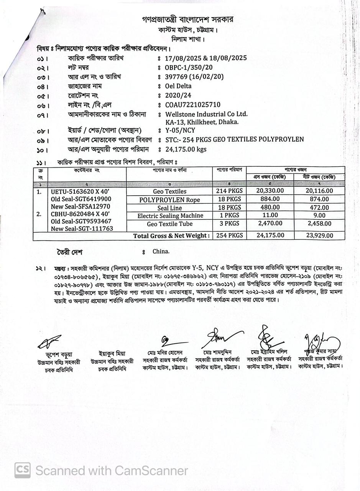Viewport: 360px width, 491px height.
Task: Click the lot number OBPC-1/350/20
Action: point(189,68)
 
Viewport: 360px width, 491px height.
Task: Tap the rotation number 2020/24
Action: point(178,95)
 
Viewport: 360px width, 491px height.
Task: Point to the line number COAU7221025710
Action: point(192,105)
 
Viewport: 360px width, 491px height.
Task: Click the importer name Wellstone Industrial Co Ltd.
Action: point(206,114)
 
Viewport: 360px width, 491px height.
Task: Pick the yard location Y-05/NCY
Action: point(180,130)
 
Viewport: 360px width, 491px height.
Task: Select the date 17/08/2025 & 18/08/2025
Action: point(205,58)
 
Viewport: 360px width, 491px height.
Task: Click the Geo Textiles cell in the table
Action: point(169,191)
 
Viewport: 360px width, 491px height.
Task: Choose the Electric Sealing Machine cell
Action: point(169,216)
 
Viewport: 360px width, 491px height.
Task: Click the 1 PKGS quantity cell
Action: point(229,216)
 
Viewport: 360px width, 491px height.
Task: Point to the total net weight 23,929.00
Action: point(319,236)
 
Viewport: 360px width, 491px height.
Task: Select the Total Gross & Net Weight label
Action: point(171,236)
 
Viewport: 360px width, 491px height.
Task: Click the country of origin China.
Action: point(161,252)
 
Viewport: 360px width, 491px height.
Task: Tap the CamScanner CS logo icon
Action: point(23,470)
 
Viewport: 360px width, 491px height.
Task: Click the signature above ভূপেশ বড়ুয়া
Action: point(49,341)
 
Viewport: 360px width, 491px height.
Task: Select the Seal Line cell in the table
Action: point(169,208)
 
